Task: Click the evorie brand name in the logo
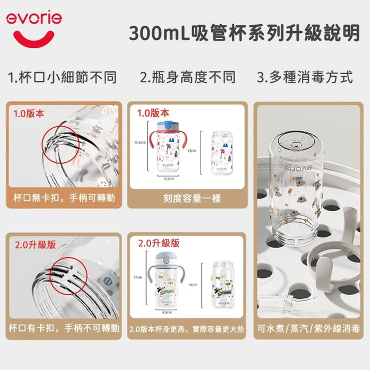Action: (34, 18)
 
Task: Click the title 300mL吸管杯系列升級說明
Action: (244, 33)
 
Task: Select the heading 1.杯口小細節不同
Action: (62, 77)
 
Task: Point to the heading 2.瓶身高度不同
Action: (187, 77)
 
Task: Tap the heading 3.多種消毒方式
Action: (305, 77)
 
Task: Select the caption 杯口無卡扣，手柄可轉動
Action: (63, 198)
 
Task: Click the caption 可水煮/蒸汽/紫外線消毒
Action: (308, 329)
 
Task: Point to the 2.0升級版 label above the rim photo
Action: (35, 245)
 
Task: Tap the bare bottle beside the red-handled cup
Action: (221, 153)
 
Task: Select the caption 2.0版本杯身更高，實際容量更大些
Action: (186, 329)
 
